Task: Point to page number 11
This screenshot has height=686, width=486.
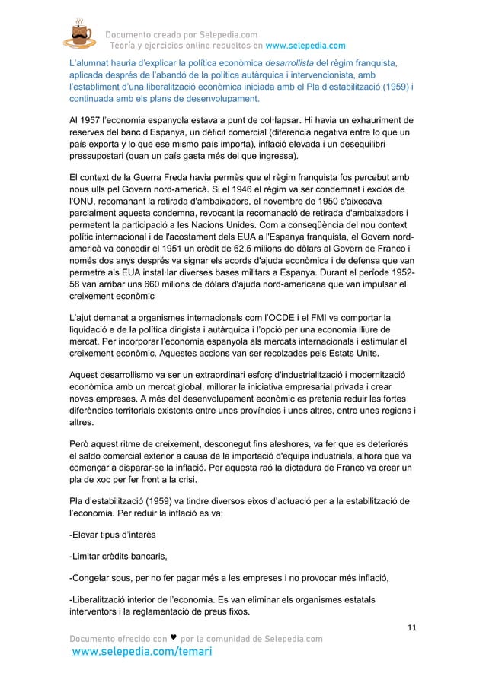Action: click(x=412, y=627)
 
